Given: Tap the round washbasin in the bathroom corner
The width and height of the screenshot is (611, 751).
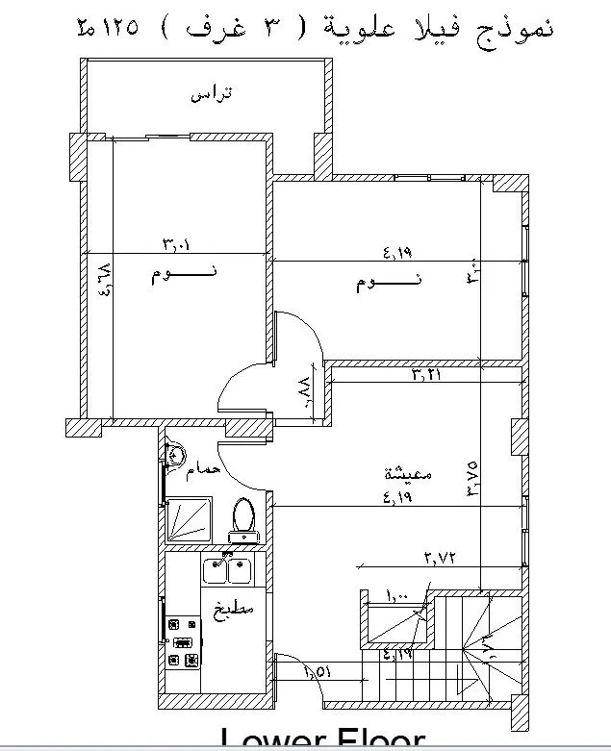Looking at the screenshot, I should click(175, 456).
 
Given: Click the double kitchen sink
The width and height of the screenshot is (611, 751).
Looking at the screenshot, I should click(227, 571).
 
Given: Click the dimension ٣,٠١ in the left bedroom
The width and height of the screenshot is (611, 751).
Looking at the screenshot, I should click(174, 243).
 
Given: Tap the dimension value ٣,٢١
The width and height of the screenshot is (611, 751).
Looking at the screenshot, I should click(426, 374).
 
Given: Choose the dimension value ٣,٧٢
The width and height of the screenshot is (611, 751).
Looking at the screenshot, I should click(438, 557).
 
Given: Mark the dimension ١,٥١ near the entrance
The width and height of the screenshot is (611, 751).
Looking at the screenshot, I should click(318, 672).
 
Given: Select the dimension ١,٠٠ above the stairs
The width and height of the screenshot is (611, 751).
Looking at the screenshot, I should click(397, 596).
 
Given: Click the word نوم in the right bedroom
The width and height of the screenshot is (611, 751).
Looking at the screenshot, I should click(373, 283).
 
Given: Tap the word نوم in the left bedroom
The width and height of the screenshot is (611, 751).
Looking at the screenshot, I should click(170, 275).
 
